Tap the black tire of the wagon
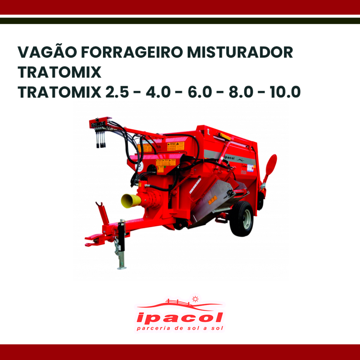click(x=242, y=218)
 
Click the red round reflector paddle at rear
click(x=271, y=165)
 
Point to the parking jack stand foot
click(x=122, y=267)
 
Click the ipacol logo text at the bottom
click(x=179, y=318)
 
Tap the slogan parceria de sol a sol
click(x=179, y=329)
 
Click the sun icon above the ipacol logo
click(x=194, y=299)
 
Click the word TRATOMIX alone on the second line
click(x=59, y=72)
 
